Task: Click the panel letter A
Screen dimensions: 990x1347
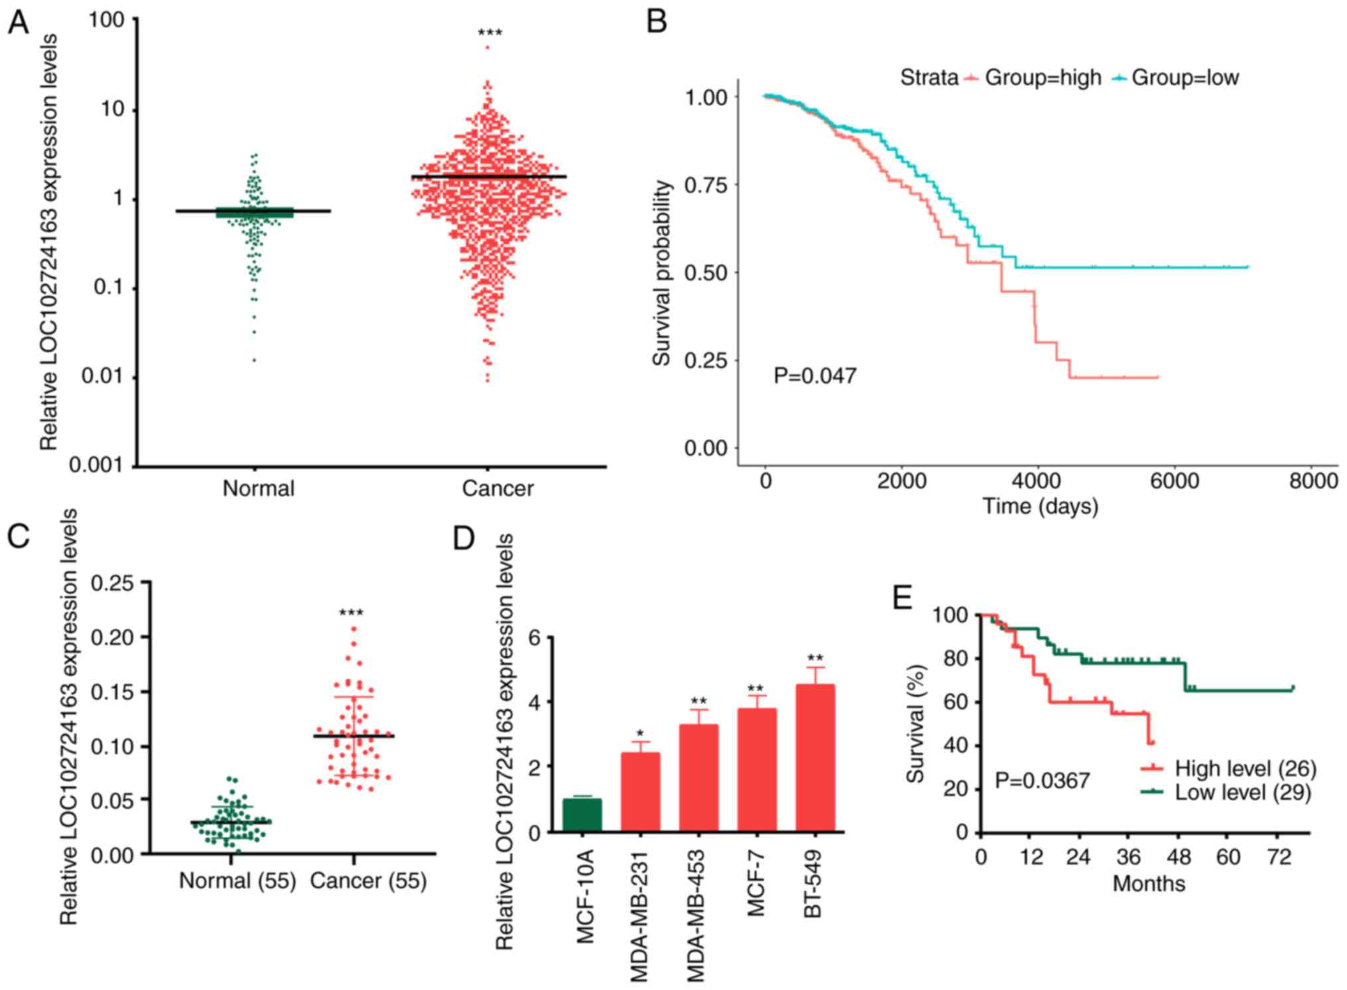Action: (19, 24)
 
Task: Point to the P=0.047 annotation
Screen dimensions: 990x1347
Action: (815, 376)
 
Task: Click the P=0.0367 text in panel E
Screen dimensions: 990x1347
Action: (1042, 780)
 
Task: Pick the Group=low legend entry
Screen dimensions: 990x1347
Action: (1185, 78)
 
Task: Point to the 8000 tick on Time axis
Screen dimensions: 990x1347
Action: (1313, 481)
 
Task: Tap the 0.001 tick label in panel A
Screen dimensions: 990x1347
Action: (97, 465)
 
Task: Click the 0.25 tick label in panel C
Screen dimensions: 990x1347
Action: (112, 583)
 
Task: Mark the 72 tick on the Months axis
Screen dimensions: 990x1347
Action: (1279, 857)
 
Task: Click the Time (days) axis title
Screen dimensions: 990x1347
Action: (1040, 507)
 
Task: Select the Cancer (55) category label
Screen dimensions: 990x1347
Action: (368, 881)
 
